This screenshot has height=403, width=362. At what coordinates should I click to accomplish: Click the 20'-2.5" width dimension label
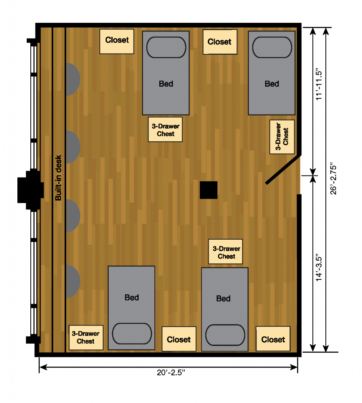171,372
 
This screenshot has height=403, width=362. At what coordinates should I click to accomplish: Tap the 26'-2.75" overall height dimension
333,178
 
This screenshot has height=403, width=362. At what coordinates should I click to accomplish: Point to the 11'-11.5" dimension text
319,84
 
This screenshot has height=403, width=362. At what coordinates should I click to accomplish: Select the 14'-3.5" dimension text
319,268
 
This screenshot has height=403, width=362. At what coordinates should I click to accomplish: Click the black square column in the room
209,190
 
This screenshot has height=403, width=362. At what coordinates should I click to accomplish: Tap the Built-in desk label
58,177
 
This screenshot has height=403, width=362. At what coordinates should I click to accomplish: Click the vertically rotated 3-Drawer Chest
282,137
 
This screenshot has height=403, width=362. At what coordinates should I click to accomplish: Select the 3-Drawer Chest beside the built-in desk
86,337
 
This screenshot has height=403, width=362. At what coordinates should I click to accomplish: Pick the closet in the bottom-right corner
273,339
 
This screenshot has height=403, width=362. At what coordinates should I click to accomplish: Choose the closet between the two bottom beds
179,339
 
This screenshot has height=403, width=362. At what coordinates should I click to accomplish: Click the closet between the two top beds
220,42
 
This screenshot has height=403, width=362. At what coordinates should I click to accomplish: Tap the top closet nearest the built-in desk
117,41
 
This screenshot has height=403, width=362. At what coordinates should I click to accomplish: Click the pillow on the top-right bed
272,47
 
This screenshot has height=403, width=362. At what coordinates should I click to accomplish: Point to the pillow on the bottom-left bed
132,334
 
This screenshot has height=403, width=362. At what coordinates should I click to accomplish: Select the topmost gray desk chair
73,79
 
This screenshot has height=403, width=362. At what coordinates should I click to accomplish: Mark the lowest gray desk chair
73,281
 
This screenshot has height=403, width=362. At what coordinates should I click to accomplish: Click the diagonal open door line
283,170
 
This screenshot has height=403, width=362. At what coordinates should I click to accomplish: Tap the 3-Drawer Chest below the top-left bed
165,129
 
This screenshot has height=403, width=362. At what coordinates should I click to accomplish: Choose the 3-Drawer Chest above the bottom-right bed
225,251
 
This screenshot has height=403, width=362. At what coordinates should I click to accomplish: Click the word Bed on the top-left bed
166,84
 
